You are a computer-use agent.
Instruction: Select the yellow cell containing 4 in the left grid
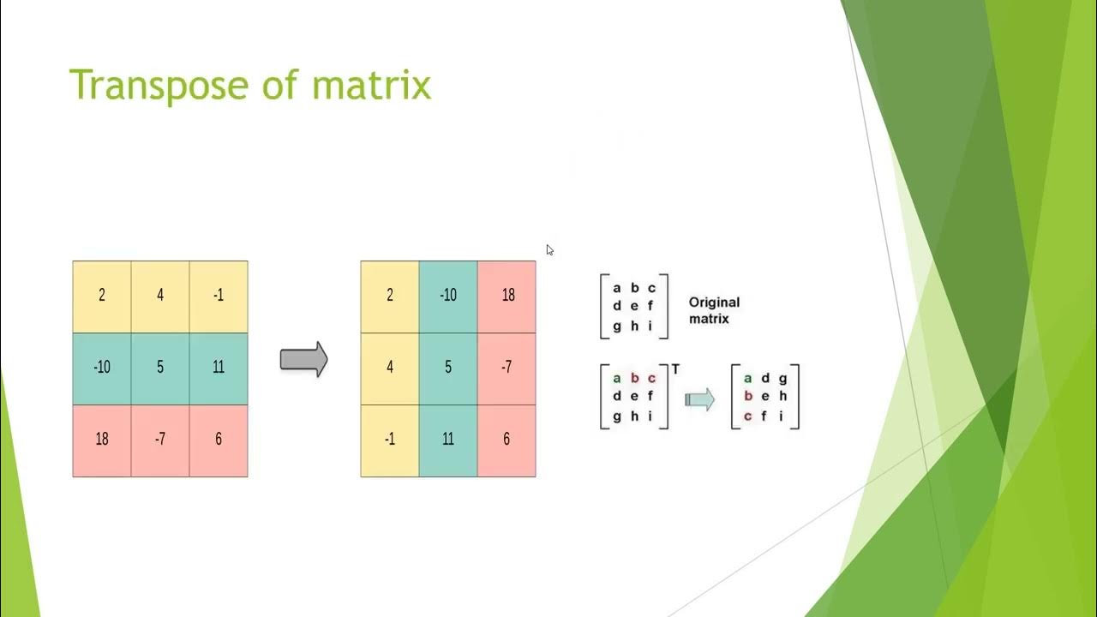click(x=160, y=296)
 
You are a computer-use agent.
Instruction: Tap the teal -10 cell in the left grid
click(x=102, y=368)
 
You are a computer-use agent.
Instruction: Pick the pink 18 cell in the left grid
click(x=102, y=440)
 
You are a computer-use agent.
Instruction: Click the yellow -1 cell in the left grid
click(x=219, y=296)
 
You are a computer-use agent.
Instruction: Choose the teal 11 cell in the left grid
click(x=219, y=368)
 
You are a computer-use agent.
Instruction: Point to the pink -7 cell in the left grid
click(x=160, y=440)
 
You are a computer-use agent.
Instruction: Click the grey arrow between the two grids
click(x=304, y=360)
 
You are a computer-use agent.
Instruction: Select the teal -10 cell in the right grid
click(x=448, y=296)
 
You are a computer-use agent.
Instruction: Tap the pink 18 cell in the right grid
click(x=507, y=296)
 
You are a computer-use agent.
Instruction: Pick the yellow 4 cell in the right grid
click(x=390, y=368)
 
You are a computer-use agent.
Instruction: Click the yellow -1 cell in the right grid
click(x=390, y=440)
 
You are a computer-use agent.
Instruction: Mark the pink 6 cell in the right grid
click(x=507, y=440)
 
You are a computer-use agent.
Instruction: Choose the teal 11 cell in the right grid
click(x=448, y=440)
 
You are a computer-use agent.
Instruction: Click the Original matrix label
click(x=714, y=310)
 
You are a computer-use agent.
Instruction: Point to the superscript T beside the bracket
click(x=675, y=369)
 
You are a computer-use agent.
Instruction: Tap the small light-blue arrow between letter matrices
click(x=699, y=399)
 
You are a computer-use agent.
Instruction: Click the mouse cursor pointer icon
click(x=549, y=250)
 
